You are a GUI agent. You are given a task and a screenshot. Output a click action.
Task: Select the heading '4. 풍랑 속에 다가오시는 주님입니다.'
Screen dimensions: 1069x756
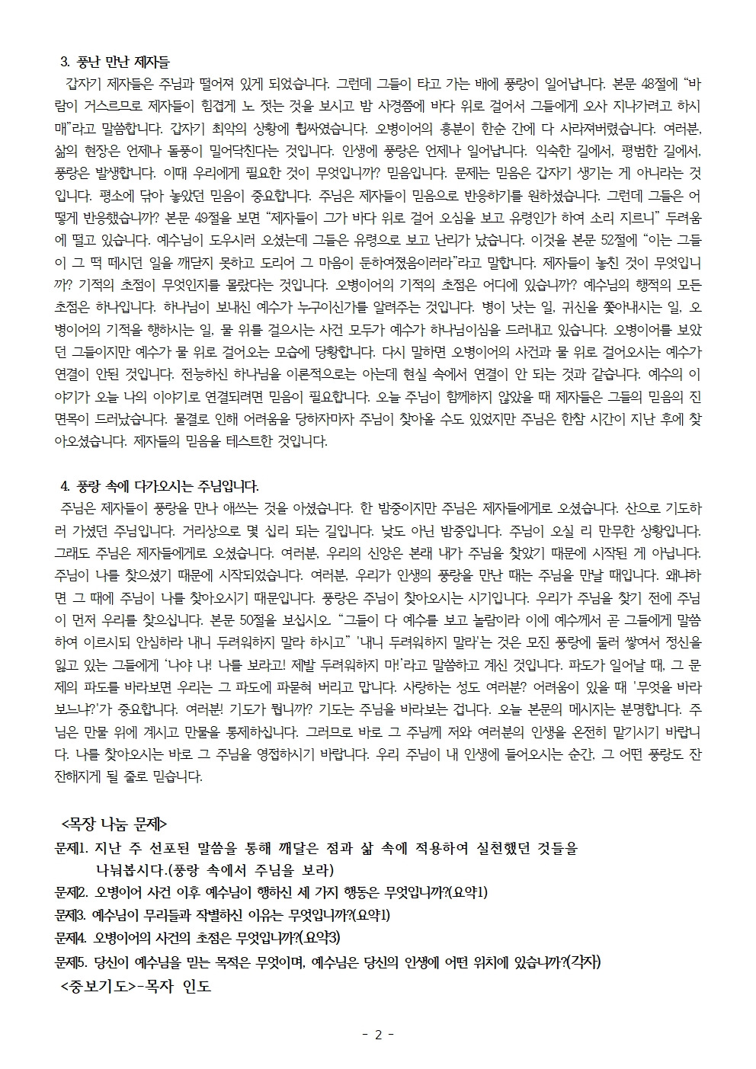coord(159,485)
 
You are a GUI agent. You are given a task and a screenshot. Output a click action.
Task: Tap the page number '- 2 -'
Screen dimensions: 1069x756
coord(377,1035)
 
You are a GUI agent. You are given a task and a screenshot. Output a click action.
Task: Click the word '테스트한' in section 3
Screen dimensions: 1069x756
coord(248,441)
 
